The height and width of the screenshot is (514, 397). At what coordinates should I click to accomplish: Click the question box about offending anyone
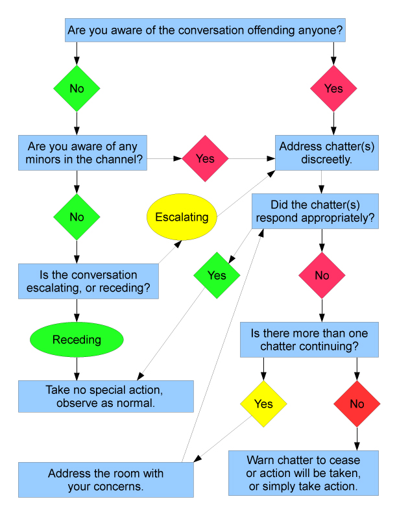pos(205,30)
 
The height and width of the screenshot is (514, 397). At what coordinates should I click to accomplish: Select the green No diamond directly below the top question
pos(77,88)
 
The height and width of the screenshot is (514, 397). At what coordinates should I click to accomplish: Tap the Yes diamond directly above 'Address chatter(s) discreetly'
pos(333,88)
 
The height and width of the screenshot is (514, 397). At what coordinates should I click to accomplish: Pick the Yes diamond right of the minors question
pos(205,158)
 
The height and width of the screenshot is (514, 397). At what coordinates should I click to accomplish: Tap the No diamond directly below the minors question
pos(77,217)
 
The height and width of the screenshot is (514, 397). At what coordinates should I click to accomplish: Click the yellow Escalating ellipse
pos(182,217)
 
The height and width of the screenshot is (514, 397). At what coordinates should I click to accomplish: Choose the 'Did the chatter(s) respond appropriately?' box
pos(316,211)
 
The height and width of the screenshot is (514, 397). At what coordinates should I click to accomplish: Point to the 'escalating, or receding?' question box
pos(89,281)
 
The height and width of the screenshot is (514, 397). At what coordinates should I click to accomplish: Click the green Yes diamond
pos(217,275)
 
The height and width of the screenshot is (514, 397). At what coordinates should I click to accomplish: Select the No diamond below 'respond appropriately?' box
pos(322,275)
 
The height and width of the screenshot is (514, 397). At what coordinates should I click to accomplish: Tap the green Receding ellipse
pos(77,340)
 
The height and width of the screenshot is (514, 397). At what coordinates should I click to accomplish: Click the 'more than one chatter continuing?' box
pos(309,339)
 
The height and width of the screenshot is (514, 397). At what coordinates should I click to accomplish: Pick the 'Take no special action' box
pos(106,397)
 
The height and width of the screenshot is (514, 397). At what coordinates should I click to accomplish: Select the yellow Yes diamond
pos(263,404)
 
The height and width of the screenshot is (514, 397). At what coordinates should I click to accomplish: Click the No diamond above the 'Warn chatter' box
pos(357,404)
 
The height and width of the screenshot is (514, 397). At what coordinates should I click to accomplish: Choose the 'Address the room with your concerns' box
pos(106,480)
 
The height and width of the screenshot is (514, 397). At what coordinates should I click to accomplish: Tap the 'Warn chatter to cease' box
pos(303,474)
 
